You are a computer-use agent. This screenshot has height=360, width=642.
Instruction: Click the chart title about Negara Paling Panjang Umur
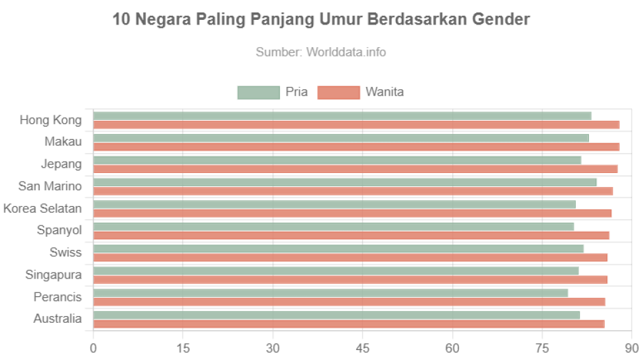(321, 20)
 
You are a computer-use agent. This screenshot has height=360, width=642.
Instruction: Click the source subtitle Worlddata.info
(321, 52)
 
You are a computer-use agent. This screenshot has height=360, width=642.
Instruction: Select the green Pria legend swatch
(258, 93)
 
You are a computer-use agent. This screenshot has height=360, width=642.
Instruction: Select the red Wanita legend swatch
(338, 93)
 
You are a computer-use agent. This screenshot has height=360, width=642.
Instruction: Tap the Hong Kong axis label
(51, 120)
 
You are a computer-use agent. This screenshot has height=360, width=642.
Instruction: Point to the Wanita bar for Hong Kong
(356, 125)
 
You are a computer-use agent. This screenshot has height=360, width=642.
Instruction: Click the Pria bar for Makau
(341, 138)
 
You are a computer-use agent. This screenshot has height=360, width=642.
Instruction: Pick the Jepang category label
(62, 164)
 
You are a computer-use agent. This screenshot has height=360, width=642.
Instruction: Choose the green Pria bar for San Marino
(345, 182)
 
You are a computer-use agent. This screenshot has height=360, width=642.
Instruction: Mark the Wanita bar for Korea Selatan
(353, 213)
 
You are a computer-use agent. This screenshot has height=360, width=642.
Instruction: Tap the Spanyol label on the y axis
(60, 231)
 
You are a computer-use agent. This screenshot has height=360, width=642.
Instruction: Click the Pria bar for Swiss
(338, 248)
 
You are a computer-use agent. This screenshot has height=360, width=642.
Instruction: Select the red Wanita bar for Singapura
(350, 280)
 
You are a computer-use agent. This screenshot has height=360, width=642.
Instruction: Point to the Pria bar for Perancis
(330, 292)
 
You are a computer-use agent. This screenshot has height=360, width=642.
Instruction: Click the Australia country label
(58, 319)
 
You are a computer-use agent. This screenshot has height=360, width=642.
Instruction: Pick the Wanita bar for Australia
(349, 324)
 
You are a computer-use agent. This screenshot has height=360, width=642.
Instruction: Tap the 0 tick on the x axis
(94, 348)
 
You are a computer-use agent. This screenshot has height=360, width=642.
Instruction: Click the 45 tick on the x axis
(363, 348)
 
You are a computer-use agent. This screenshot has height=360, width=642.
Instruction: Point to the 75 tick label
(542, 348)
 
